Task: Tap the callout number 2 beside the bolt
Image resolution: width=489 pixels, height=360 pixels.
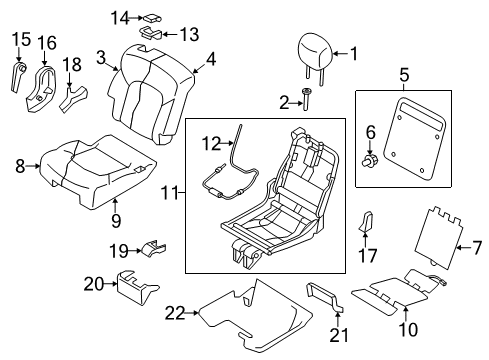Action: coord(284,100)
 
